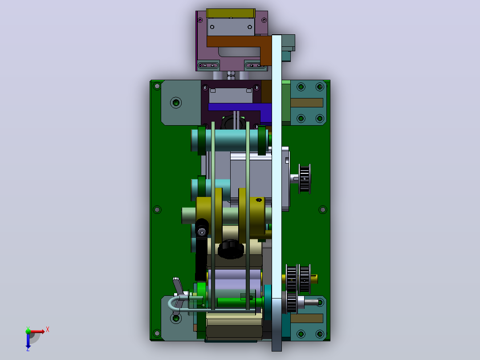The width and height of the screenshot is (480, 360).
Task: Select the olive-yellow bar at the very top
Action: coord(231,13)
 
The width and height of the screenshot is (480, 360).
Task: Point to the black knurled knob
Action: coord(231,249)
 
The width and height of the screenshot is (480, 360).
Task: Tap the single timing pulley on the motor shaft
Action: coord(305,179)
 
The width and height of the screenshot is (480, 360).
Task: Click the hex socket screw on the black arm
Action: coord(201,232)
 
